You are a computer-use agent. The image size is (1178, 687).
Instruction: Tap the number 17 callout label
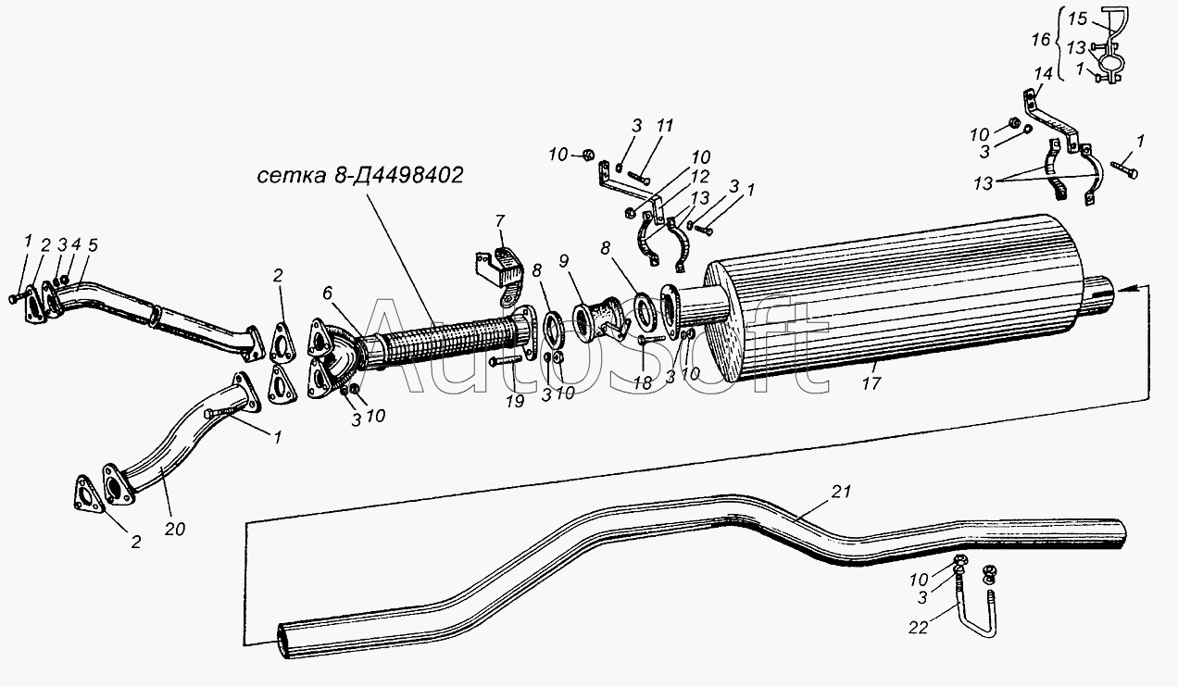(x=871, y=383)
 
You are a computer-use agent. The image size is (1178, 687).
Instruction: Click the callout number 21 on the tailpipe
(x=841, y=492)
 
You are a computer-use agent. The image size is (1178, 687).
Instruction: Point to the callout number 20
(x=175, y=529)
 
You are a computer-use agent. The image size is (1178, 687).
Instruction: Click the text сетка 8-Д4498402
(x=360, y=175)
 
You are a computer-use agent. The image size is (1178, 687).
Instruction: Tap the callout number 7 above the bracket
(x=499, y=220)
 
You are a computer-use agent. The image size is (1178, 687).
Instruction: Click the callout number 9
(x=564, y=261)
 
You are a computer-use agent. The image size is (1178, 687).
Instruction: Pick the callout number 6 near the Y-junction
(x=327, y=294)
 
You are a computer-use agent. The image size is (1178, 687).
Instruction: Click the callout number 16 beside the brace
(x=1041, y=40)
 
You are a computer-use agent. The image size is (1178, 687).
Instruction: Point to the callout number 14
(x=1044, y=73)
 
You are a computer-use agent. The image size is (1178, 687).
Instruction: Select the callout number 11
(x=665, y=126)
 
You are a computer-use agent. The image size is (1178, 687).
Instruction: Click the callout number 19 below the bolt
(x=515, y=401)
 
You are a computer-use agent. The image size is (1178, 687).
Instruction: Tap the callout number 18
(x=642, y=382)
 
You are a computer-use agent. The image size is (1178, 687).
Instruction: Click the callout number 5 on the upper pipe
(x=93, y=245)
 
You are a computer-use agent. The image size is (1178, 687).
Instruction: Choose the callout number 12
(x=700, y=176)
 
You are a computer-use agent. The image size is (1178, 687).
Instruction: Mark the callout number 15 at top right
(x=1078, y=19)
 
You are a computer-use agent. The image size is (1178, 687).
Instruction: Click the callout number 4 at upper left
(x=76, y=244)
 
